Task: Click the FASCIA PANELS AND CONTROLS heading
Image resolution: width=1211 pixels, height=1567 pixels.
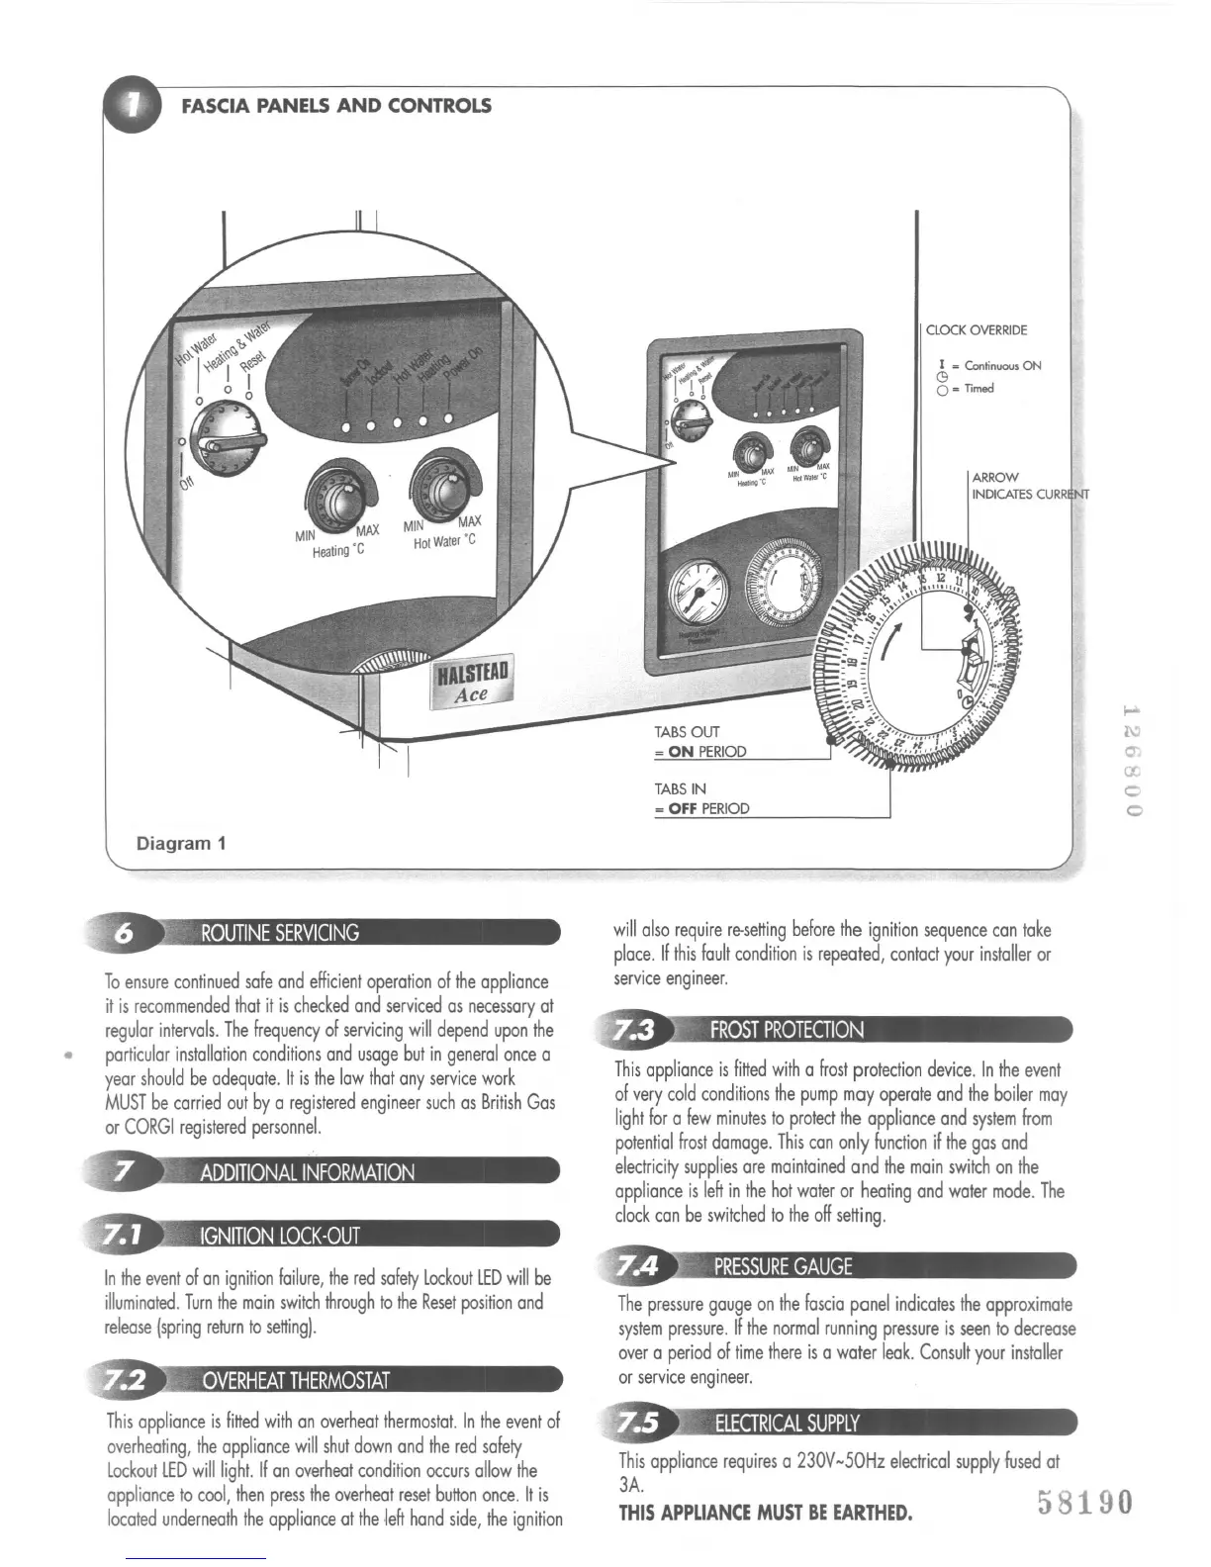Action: (336, 106)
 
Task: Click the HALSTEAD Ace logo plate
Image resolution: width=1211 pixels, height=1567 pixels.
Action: (472, 683)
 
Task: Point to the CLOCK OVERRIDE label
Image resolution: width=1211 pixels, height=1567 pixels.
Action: (976, 330)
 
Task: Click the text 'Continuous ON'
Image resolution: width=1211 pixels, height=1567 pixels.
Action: (1003, 366)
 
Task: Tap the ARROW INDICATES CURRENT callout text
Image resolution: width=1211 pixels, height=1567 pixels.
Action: (1029, 486)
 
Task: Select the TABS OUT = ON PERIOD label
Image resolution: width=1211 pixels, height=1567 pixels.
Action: (700, 742)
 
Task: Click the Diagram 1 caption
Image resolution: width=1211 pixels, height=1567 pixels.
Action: (181, 844)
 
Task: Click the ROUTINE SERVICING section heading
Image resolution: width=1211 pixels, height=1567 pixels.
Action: (280, 933)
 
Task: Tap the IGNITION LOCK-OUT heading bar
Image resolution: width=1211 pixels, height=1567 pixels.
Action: (280, 1236)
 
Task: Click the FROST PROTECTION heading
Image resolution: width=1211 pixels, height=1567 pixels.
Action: (787, 1030)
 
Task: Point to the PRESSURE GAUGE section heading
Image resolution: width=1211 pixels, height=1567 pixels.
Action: (783, 1267)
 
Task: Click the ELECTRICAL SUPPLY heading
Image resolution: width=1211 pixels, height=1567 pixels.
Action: (787, 1424)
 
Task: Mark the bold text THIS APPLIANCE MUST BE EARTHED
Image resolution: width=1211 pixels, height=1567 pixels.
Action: (765, 1513)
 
